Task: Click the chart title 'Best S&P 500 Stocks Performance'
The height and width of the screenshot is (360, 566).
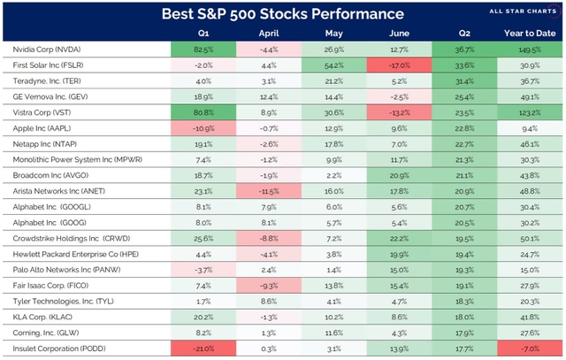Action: tap(282, 14)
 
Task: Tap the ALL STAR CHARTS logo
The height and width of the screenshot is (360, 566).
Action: tap(519, 13)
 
